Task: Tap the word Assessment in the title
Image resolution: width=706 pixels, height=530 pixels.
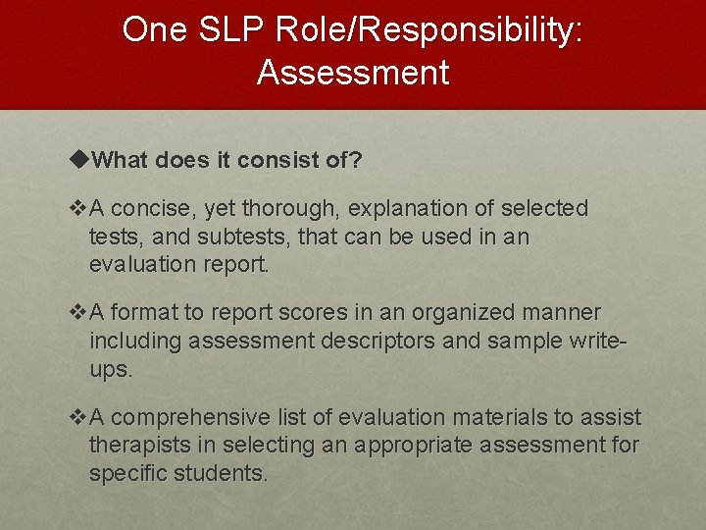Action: tap(353, 73)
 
